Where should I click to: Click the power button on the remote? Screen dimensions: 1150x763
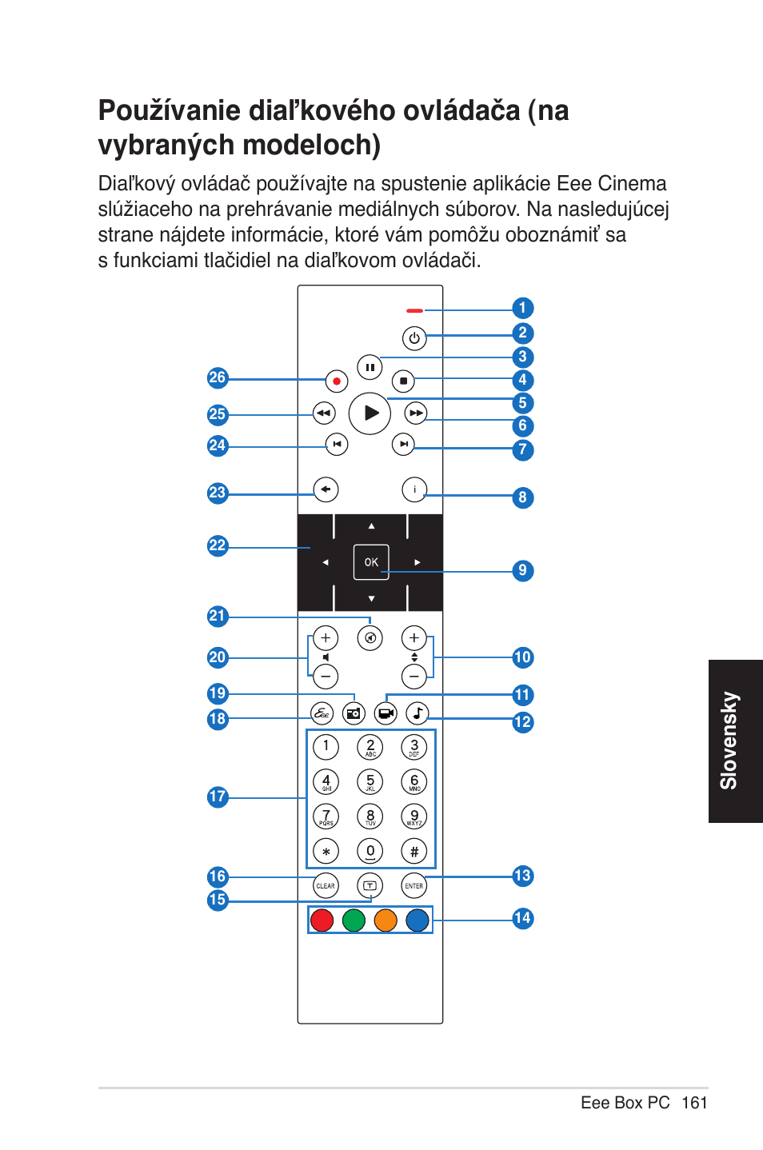point(414,338)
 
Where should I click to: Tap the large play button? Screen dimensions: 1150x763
point(370,413)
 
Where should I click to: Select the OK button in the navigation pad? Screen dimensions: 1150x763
point(371,562)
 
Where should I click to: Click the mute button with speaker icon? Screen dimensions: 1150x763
point(370,638)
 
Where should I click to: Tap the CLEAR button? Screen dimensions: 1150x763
point(326,886)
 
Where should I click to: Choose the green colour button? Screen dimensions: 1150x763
point(354,920)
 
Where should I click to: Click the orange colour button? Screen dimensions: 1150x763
point(385,920)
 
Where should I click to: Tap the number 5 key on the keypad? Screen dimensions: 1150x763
point(370,781)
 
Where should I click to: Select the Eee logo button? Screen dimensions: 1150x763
point(322,713)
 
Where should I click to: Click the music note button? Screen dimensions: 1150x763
point(417,713)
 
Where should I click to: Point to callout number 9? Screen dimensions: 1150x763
point(522,571)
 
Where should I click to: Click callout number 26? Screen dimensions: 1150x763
point(218,377)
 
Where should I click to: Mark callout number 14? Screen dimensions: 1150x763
point(522,918)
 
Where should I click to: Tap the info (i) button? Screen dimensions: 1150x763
point(414,489)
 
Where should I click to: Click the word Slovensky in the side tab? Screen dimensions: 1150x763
point(729,741)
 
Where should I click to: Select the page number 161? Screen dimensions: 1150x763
point(694,1103)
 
